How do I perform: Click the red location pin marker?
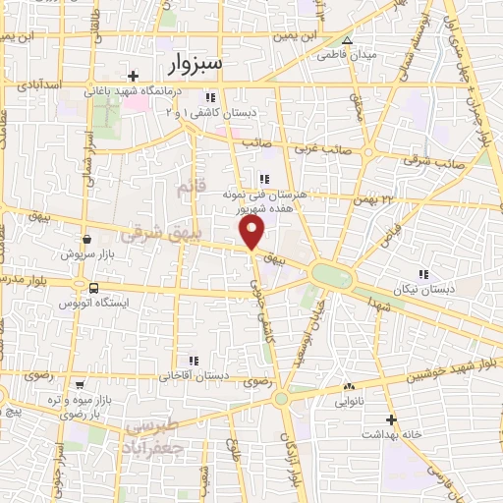click(x=252, y=232)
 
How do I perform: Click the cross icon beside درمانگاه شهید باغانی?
click(x=134, y=76)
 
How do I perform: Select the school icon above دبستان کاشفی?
click(x=210, y=97)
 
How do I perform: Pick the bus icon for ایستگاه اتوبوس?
click(x=93, y=288)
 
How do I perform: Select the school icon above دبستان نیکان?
click(x=422, y=274)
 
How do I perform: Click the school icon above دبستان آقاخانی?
click(x=195, y=361)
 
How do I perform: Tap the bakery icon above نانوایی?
click(x=349, y=386)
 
